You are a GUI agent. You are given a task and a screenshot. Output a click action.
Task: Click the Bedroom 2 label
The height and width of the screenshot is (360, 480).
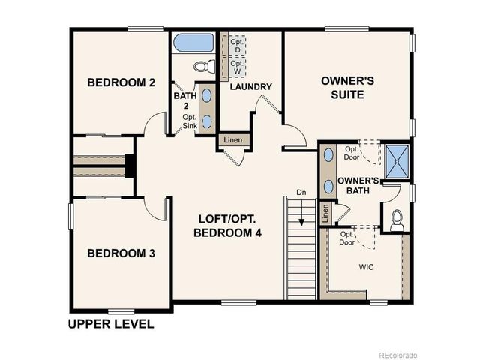pos(121,82)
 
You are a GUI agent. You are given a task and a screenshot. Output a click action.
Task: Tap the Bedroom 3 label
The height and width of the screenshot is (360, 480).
pos(121,253)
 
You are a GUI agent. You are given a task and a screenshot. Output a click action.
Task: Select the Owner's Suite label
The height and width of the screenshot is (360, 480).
pos(343,87)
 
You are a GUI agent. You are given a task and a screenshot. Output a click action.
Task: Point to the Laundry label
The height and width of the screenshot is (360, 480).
pos(250,87)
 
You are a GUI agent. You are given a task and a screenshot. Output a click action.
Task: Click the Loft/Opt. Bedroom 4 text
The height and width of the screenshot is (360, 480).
pos(228,226)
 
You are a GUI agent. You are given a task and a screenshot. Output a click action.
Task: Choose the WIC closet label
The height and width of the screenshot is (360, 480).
pos(366,266)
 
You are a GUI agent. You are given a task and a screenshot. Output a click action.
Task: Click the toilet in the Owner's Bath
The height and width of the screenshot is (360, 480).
pos(397,220)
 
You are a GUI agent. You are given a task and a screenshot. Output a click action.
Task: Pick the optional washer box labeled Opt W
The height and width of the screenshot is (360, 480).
pos(235,67)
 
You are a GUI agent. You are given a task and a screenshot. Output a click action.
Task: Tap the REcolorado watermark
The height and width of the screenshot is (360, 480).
pos(397,354)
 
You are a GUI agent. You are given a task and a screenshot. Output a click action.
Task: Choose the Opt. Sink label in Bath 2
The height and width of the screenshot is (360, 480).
pos(190,121)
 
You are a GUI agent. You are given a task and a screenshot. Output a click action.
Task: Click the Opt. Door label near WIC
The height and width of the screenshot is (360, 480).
pos(347,238)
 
